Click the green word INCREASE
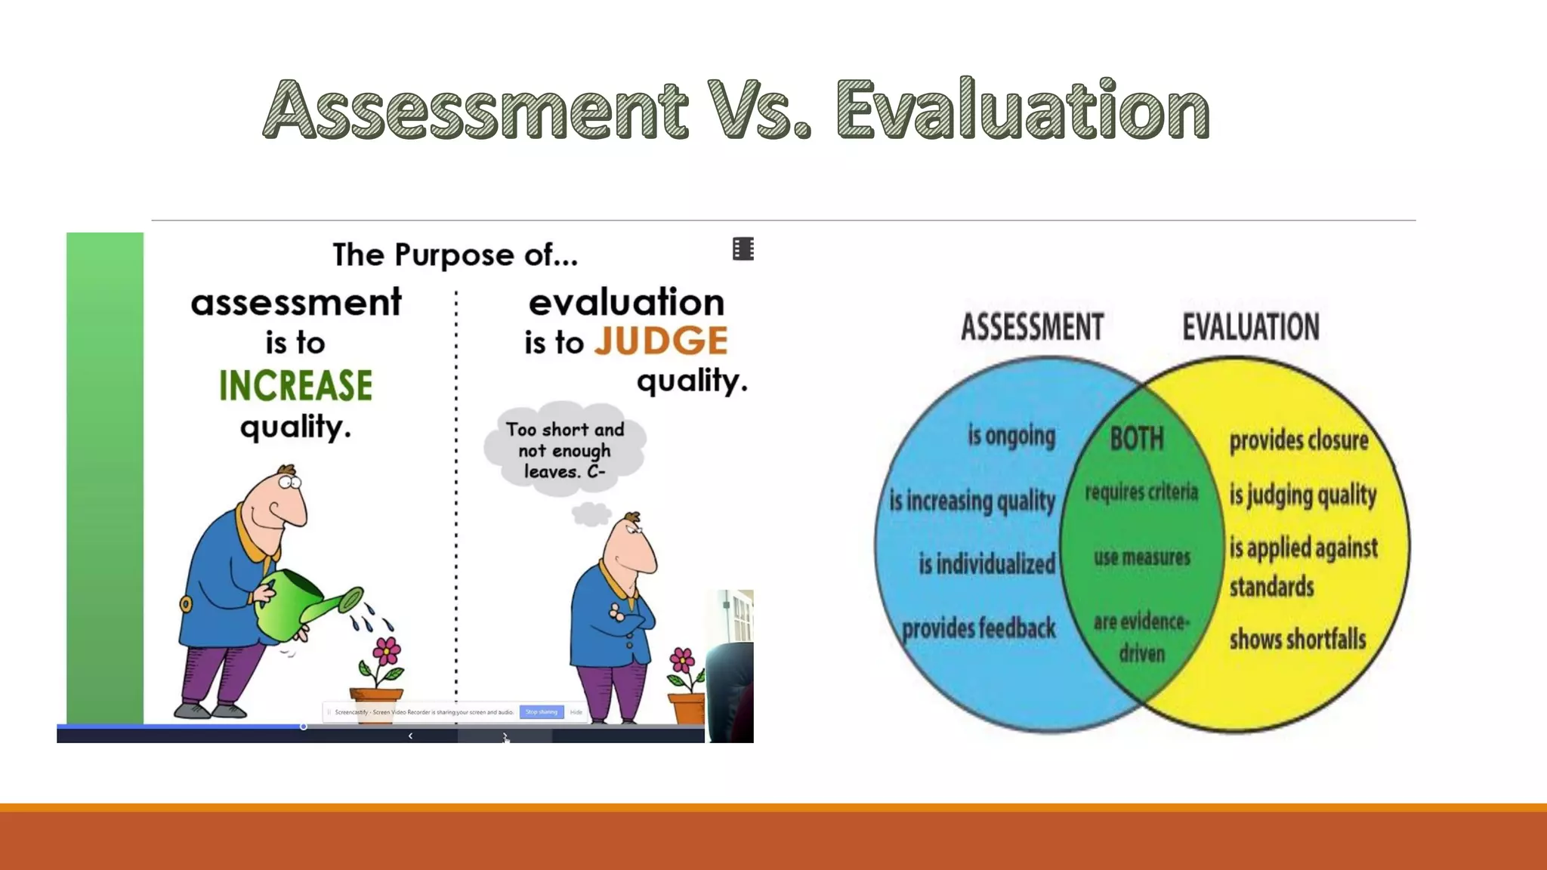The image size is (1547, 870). pos(295,385)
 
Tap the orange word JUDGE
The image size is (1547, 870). pos(661,341)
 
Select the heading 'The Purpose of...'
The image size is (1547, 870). pos(455,255)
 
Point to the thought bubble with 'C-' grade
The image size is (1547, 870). pos(565,450)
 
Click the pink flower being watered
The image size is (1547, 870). pos(386,650)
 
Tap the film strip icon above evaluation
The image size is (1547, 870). pos(743,248)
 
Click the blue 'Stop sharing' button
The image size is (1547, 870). pos(541,711)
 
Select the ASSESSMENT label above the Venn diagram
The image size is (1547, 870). pos(1032,327)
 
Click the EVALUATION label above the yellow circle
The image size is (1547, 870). pos(1250,327)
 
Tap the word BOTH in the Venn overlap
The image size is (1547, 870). pos(1137,439)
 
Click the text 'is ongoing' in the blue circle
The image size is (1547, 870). pos(1011,436)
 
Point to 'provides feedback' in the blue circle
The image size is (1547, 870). pos(979,628)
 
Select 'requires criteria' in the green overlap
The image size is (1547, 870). pos(1141,492)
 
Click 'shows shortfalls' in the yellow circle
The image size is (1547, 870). pos(1298,640)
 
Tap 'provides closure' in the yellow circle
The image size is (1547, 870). pos(1298,440)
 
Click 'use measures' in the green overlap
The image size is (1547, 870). pos(1141,557)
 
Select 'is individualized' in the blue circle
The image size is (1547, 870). pos(987,563)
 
